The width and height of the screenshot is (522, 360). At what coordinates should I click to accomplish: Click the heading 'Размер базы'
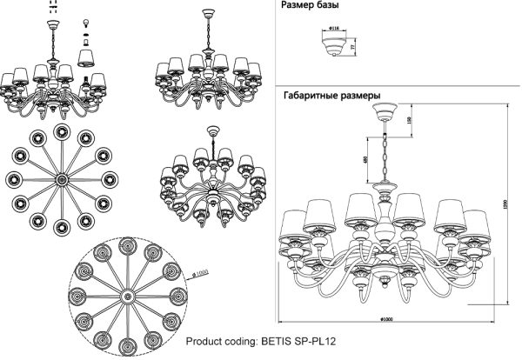(309, 6)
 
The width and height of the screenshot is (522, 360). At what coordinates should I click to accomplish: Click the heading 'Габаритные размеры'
(331, 96)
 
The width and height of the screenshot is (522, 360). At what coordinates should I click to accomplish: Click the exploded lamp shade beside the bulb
(86, 57)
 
